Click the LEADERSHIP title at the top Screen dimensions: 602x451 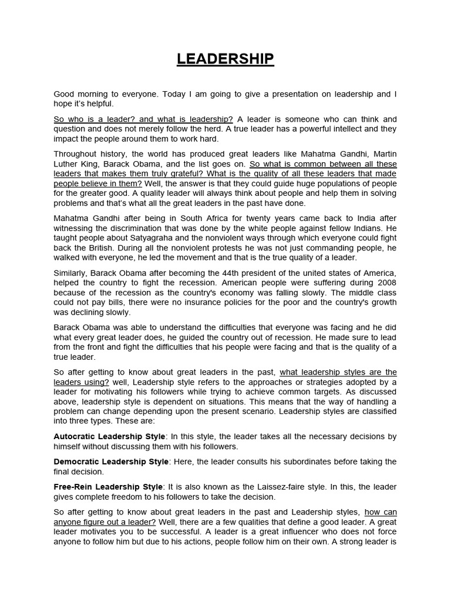pos(225,59)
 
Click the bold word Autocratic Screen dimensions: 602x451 pos(75,436)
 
